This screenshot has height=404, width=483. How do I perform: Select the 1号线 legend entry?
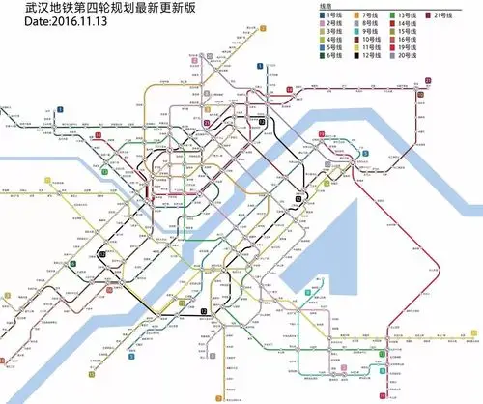334,18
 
